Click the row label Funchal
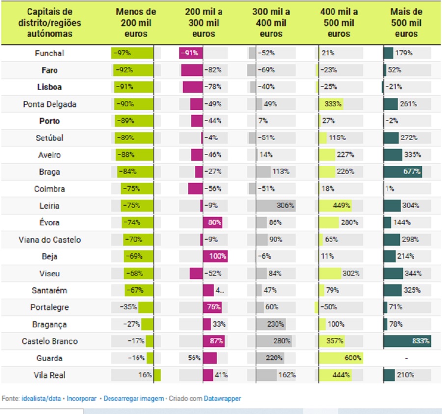[50, 53]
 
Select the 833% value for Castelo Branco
[421, 341]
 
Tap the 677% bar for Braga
[403, 172]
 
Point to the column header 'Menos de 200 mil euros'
[136, 23]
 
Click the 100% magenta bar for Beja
[215, 256]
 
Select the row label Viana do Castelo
[50, 240]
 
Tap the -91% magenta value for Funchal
[190, 53]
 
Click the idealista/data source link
[41, 399]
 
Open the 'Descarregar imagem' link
[133, 399]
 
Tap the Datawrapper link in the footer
[222, 399]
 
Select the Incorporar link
[82, 399]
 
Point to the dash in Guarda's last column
[406, 359]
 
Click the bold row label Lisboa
[50, 87]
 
